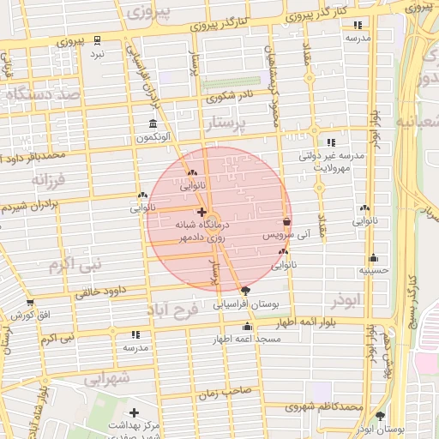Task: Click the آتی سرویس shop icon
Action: coord(286,221)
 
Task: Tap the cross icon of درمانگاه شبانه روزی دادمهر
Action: coord(201,211)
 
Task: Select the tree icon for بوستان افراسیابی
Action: coord(246,292)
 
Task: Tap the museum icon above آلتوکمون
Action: coord(153,124)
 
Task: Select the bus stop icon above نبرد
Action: coord(98,39)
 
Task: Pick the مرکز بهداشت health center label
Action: coord(134,425)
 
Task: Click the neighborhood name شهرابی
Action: coord(107,377)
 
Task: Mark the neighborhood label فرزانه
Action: coord(49,181)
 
